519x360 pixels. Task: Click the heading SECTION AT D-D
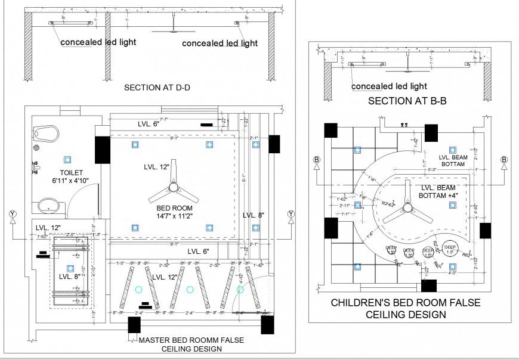160,88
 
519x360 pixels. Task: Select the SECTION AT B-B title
407,101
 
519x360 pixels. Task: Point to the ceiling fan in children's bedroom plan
408,208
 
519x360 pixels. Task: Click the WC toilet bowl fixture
46,132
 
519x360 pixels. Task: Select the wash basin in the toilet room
47,206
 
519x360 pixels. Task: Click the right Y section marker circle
291,214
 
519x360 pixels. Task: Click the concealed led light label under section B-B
389,86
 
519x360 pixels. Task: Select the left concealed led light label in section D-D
98,42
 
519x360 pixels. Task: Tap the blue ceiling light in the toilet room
67,159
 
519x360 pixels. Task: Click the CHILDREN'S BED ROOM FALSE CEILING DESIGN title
406,309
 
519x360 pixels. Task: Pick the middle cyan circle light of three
190,290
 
